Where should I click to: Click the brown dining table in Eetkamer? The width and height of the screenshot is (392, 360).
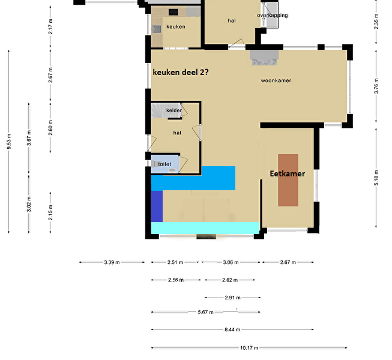288,180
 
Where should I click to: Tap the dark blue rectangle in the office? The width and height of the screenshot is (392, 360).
157,206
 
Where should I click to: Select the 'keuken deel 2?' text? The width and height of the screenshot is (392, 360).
181,72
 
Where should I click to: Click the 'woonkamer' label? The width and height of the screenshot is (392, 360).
276,80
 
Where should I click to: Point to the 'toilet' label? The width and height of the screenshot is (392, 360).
164,164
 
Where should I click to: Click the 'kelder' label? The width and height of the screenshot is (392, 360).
174,110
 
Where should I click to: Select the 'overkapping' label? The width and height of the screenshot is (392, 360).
273,15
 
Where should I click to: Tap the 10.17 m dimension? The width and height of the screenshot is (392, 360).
249,347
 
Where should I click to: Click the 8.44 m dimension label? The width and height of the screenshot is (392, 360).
232,329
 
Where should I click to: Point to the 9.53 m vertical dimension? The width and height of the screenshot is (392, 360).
9,142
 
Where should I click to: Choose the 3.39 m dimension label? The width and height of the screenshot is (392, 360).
112,262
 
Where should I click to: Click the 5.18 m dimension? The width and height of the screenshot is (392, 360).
376,178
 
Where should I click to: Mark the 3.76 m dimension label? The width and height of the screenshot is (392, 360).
376,86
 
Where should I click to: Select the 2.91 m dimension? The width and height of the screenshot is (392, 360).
232,297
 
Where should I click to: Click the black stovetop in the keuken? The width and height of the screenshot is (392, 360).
173,12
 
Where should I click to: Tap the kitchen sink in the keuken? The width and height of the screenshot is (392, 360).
157,29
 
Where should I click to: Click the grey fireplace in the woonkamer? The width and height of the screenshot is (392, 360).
264,58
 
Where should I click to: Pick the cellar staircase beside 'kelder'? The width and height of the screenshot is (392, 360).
159,110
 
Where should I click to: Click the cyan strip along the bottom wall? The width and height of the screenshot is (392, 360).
205,228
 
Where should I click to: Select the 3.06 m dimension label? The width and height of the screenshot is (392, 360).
231,262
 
